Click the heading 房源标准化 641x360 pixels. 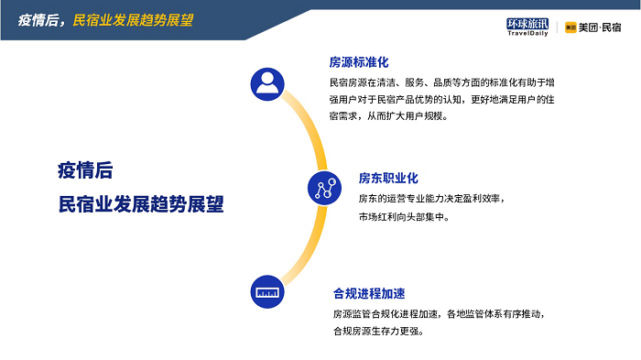tap(359, 62)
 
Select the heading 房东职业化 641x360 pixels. tap(388, 178)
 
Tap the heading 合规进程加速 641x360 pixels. tap(369, 293)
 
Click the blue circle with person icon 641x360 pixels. tap(267, 84)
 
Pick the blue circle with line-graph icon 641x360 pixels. tap(324, 188)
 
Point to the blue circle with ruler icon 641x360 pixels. tap(267, 291)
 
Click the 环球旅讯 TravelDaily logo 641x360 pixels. tap(527, 27)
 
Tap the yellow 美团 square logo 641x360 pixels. tap(570, 27)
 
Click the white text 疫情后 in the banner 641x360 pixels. tap(38, 20)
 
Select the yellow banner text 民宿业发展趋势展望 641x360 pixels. tap(133, 20)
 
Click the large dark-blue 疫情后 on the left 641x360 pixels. tap(85, 170)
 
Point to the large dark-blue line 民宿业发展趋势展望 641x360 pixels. tap(141, 203)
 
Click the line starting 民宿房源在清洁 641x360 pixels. tap(442, 82)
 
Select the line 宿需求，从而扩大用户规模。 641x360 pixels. tap(388, 116)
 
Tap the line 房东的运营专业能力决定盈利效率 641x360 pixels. tap(431, 199)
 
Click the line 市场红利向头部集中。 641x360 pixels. tap(404, 217)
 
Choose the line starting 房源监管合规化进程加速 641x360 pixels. tap(439, 314)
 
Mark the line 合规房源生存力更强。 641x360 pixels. tap(377, 331)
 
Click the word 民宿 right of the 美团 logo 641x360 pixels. tap(611, 27)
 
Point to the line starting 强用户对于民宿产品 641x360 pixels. tap(442, 100)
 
